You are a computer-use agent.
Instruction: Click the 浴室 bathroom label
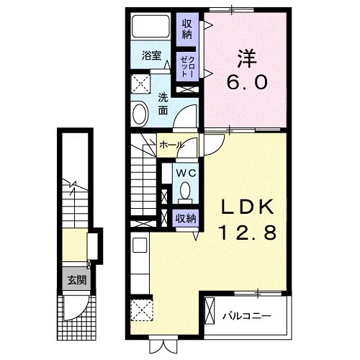150,55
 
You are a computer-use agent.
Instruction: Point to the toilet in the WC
185,191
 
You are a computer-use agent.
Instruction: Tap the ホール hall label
171,145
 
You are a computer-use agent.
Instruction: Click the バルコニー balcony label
246,315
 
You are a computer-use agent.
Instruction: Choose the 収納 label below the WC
184,217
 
